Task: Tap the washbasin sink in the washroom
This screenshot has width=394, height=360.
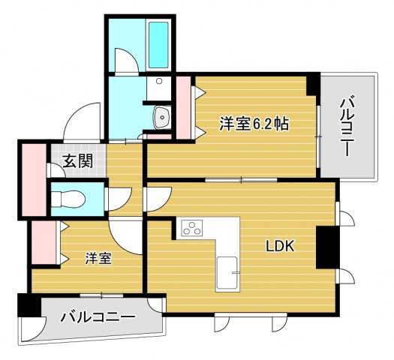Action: (x=161, y=116)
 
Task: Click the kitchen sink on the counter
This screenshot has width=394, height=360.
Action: (x=227, y=271)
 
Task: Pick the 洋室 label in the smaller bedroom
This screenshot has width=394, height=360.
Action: (x=98, y=259)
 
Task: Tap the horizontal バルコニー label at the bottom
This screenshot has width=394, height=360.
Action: (x=98, y=317)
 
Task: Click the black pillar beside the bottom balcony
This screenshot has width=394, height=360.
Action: (x=28, y=306)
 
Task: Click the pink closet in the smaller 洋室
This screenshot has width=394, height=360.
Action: (x=42, y=244)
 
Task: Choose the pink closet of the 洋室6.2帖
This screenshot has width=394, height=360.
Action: (x=183, y=108)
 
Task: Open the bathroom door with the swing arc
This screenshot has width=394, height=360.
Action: (x=126, y=63)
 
